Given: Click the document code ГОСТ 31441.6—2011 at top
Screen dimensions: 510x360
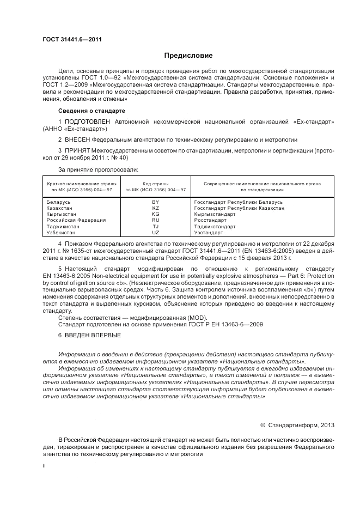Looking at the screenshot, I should [x=72, y=39].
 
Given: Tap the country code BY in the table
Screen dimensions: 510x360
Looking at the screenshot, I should [x=156, y=202].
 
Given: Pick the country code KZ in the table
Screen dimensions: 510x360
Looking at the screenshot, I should [x=156, y=208].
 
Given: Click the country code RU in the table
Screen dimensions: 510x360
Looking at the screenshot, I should [x=156, y=220].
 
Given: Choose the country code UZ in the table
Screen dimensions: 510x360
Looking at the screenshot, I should [x=156, y=232].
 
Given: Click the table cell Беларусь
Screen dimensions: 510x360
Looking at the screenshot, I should [x=59, y=202].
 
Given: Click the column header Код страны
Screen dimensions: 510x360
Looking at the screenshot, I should [x=156, y=184].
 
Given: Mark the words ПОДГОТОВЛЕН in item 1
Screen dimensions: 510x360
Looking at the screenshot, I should [x=87, y=121].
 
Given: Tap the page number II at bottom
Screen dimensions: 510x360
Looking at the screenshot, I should [x=45, y=466].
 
